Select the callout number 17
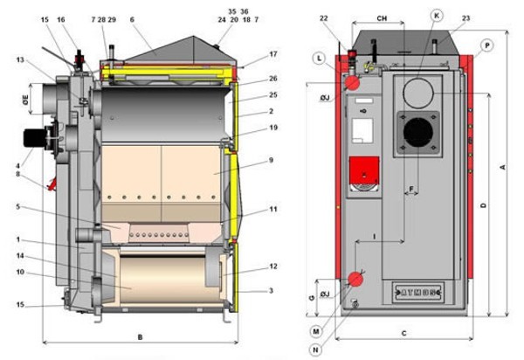coord(248,54)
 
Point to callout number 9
coord(248,160)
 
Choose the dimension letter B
coord(140,337)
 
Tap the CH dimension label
coord(382,17)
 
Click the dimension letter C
coord(403,333)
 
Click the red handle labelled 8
coord(52,185)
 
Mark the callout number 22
coord(348,19)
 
